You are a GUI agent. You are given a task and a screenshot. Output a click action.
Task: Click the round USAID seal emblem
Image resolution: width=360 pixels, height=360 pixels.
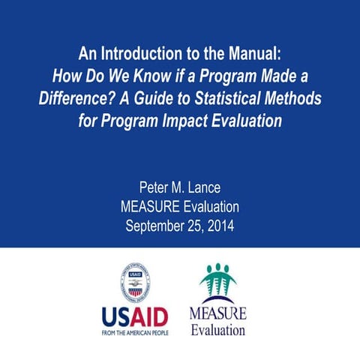[x=135, y=283]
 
